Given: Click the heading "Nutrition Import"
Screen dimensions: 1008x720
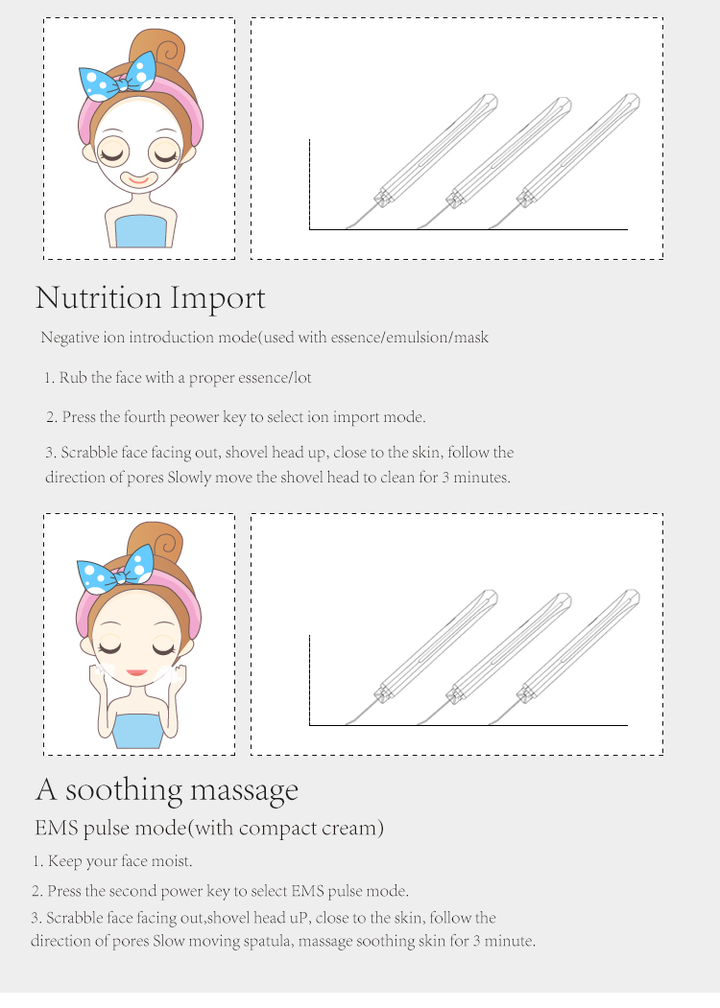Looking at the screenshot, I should click(150, 298).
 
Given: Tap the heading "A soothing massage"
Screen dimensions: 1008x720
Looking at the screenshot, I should click(167, 790).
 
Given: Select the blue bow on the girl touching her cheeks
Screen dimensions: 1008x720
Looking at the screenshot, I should click(117, 571).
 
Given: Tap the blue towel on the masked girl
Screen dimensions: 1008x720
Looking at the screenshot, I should click(139, 232).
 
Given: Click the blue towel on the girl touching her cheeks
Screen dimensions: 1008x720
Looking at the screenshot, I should click(139, 730).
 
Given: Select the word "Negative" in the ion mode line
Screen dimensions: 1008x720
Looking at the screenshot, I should click(70, 338).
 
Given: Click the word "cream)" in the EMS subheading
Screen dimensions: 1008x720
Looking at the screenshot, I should click(354, 828).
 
